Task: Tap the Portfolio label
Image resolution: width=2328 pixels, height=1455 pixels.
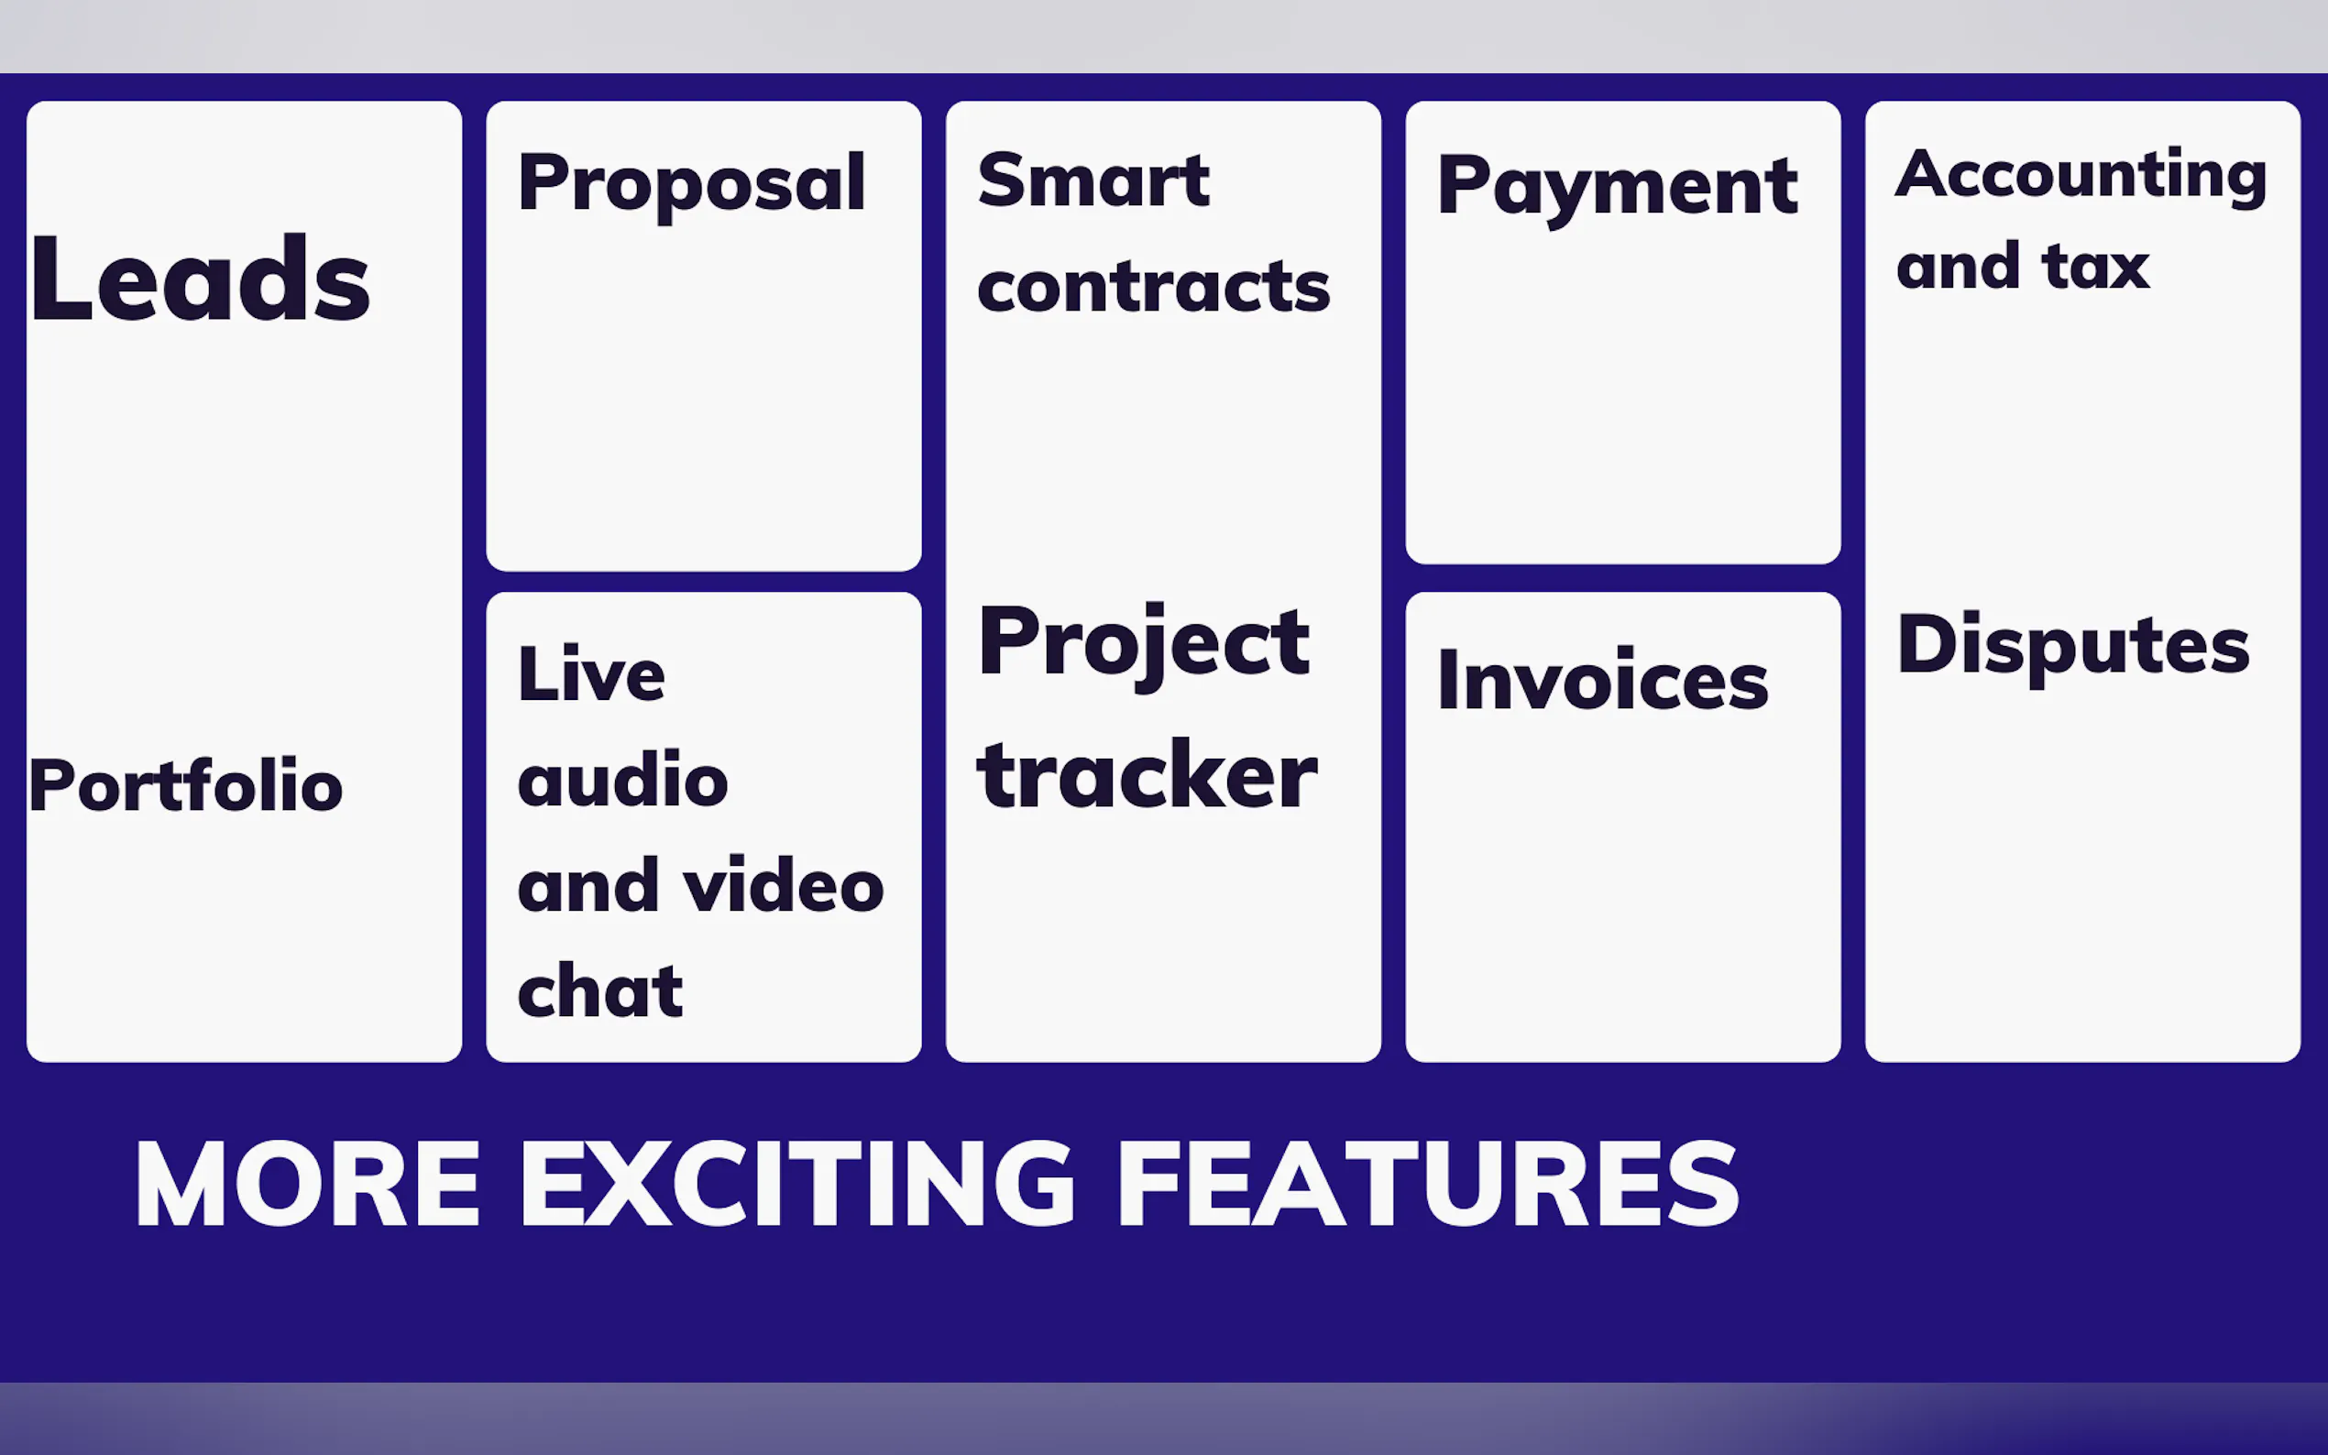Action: tap(186, 784)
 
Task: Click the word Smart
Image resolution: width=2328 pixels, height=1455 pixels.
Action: tap(1093, 180)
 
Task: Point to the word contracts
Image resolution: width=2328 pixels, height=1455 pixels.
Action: tap(1153, 287)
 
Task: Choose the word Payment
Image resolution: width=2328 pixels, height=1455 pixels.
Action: tap(1617, 188)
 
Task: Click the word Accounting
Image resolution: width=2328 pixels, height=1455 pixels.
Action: tap(2081, 176)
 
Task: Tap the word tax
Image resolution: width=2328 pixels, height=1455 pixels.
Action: tap(2095, 267)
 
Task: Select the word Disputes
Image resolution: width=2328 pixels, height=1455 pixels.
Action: tap(2073, 647)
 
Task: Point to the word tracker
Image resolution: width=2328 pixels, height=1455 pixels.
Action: tap(1148, 776)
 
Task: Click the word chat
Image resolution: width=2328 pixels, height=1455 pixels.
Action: tap(600, 990)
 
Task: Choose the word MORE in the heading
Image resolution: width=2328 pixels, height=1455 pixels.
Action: tap(308, 1183)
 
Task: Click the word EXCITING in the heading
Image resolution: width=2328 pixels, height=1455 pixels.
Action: tap(796, 1183)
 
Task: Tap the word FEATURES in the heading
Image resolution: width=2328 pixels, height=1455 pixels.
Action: tap(1428, 1183)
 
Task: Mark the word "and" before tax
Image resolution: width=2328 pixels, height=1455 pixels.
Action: tap(1958, 266)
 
